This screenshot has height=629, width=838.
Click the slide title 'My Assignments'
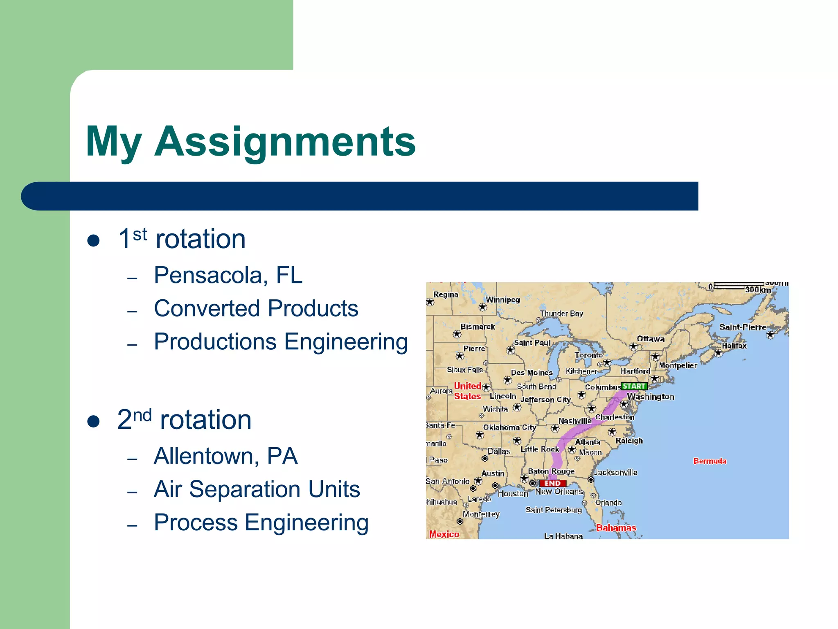pyautogui.click(x=250, y=141)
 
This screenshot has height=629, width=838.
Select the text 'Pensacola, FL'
pyautogui.click(x=228, y=275)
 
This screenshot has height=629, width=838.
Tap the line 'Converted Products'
pyautogui.click(x=256, y=308)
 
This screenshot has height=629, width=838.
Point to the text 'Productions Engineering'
pyautogui.click(x=281, y=342)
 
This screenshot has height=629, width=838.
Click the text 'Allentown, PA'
pyautogui.click(x=225, y=456)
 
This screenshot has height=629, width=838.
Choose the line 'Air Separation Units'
pyautogui.click(x=257, y=489)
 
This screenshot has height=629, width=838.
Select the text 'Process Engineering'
pyautogui.click(x=261, y=523)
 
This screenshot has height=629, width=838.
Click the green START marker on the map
pyautogui.click(x=634, y=386)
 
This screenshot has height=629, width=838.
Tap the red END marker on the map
pyautogui.click(x=552, y=483)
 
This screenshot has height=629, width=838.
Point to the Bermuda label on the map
pyautogui.click(x=710, y=461)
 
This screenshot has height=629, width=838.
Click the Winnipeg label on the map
pyautogui.click(x=502, y=300)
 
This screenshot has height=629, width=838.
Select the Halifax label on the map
pyautogui.click(x=734, y=346)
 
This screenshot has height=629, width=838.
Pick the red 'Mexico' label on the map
pyautogui.click(x=444, y=534)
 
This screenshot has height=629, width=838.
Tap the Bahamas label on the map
pyautogui.click(x=616, y=528)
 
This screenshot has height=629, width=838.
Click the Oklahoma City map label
pyautogui.click(x=509, y=427)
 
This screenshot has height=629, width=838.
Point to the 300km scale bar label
pyautogui.click(x=758, y=290)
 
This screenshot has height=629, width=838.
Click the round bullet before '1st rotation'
pyautogui.click(x=94, y=240)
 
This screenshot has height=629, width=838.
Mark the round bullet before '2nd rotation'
pyautogui.click(x=94, y=421)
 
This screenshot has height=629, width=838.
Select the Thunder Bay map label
pyautogui.click(x=561, y=314)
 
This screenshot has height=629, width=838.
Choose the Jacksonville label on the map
pyautogui.click(x=616, y=473)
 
